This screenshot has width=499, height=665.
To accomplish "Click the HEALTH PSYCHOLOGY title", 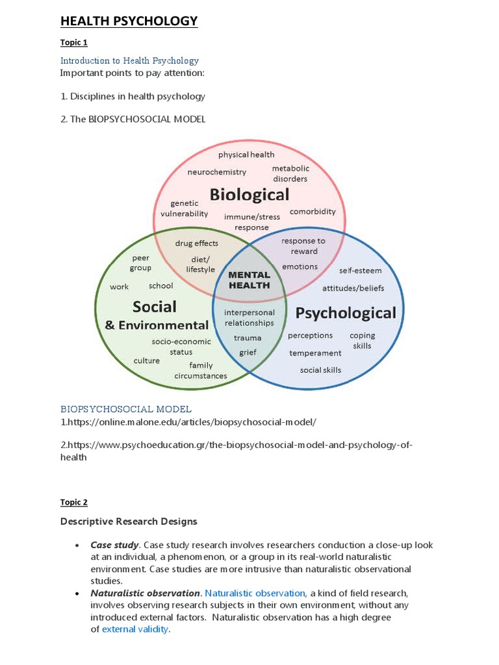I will [129, 21].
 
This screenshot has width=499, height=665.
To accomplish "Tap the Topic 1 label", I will [73, 43].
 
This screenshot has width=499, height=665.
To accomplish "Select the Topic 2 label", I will [73, 502].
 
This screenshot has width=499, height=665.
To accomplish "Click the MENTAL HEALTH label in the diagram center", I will [249, 280].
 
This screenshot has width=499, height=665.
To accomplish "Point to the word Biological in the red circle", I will [249, 194].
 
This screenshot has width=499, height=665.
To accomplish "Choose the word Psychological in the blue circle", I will [346, 313].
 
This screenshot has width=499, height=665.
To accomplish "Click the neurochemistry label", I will [217, 172].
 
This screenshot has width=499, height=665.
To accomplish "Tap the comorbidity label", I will [313, 211].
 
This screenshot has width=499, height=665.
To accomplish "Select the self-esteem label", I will [361, 270].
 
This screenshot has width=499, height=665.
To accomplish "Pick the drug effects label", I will [197, 244].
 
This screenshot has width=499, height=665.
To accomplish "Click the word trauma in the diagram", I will [248, 338].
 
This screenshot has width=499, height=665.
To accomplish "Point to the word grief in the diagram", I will [248, 352].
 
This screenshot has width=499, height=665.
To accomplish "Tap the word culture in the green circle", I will [146, 360].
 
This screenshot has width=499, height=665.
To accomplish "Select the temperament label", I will [315, 353].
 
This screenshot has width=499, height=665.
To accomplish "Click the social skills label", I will [320, 370].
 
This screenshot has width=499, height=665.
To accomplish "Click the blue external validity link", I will [135, 629].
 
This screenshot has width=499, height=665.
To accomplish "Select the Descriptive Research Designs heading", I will [129, 521].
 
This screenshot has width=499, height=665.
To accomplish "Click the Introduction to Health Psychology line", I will [129, 60].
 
